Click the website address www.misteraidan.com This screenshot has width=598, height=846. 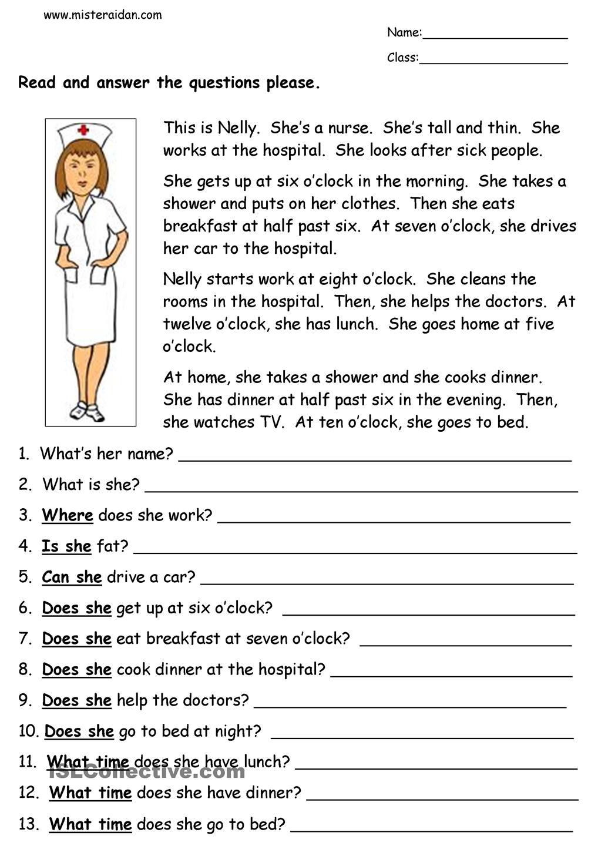pos(103,15)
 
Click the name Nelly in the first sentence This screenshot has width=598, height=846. pos(237,128)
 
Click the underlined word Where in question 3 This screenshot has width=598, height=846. pos(68,515)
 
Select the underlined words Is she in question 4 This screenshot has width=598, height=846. pos(66,546)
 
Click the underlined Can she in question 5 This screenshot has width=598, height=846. pos(72,577)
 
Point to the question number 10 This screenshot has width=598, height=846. pos(29,731)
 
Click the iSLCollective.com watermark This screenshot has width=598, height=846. pos(146,771)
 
